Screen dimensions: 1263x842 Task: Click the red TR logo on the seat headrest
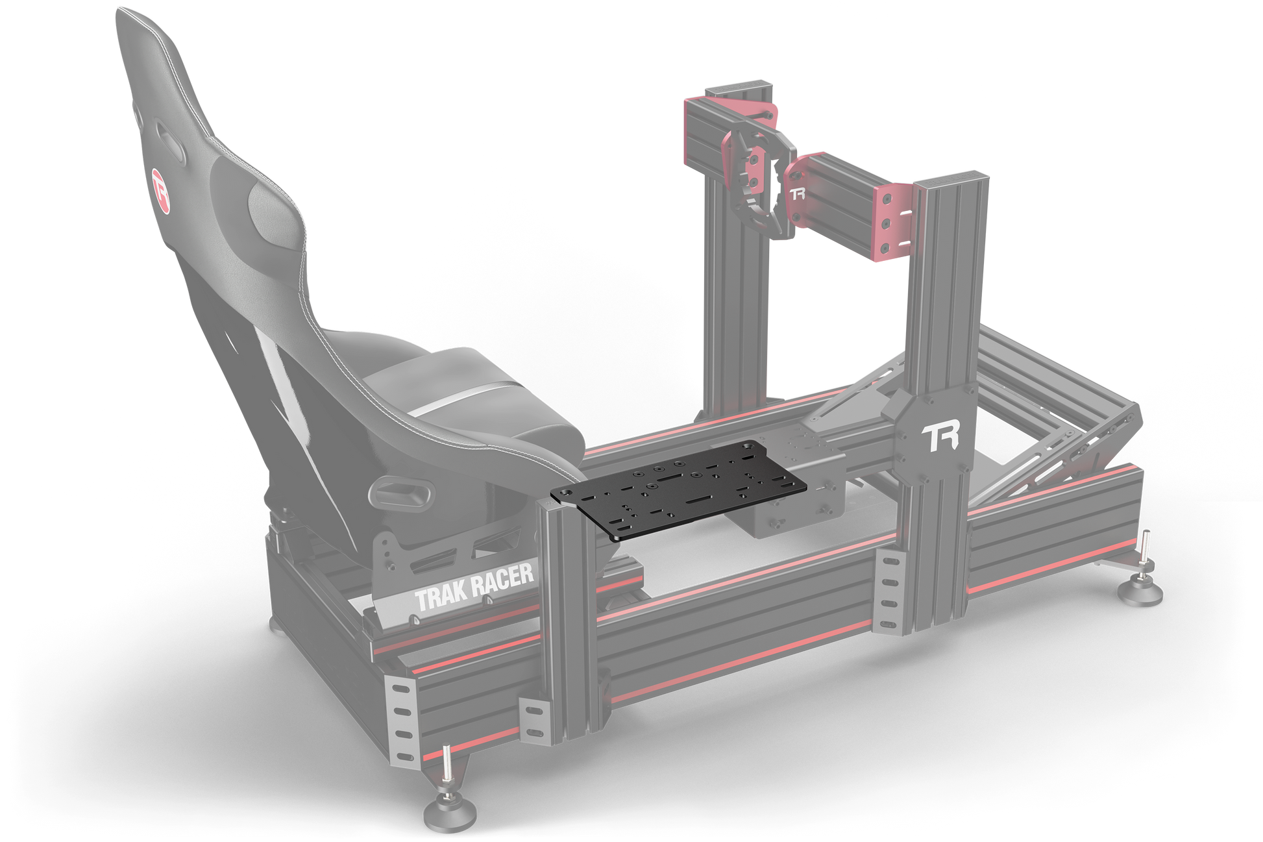(160, 190)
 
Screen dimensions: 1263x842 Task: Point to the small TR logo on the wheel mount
(797, 193)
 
